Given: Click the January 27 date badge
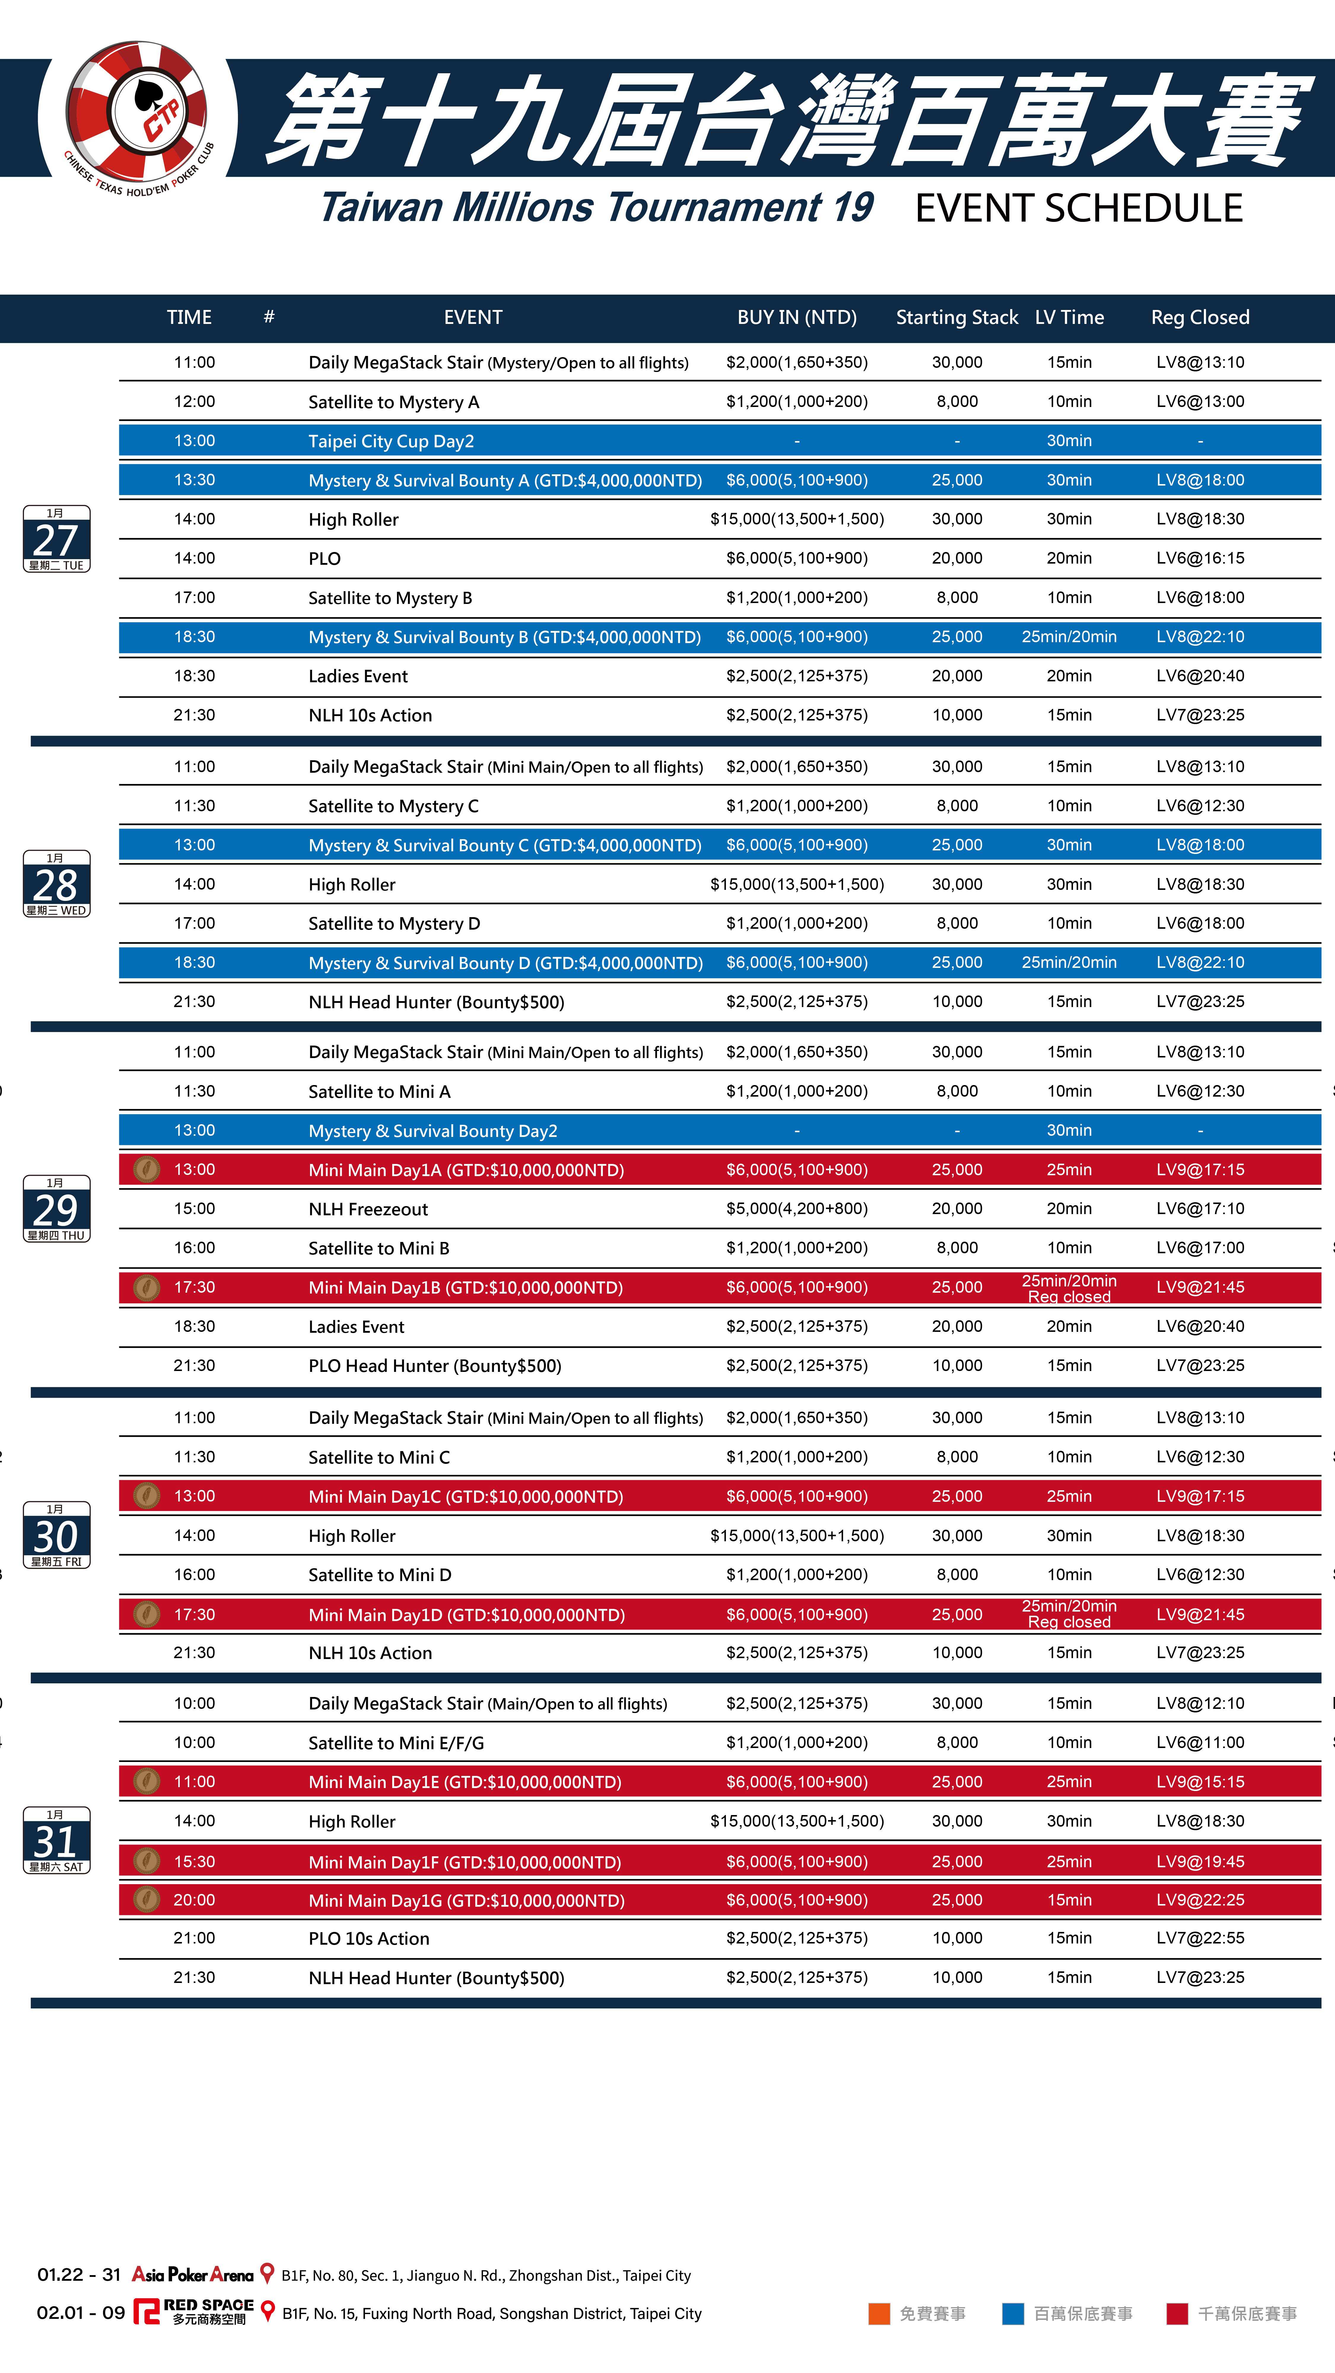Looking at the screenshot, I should [x=56, y=539].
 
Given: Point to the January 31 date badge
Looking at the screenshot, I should [x=56, y=1840].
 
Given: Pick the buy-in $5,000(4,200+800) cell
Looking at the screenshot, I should [x=796, y=1209].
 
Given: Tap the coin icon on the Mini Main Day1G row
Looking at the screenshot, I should [x=147, y=1900].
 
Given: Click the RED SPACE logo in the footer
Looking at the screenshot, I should [x=193, y=2312].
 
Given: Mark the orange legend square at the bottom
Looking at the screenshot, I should [x=879, y=2313].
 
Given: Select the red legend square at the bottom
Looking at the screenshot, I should [x=1177, y=2313].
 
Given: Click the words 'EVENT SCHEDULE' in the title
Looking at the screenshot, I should [x=1078, y=208].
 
